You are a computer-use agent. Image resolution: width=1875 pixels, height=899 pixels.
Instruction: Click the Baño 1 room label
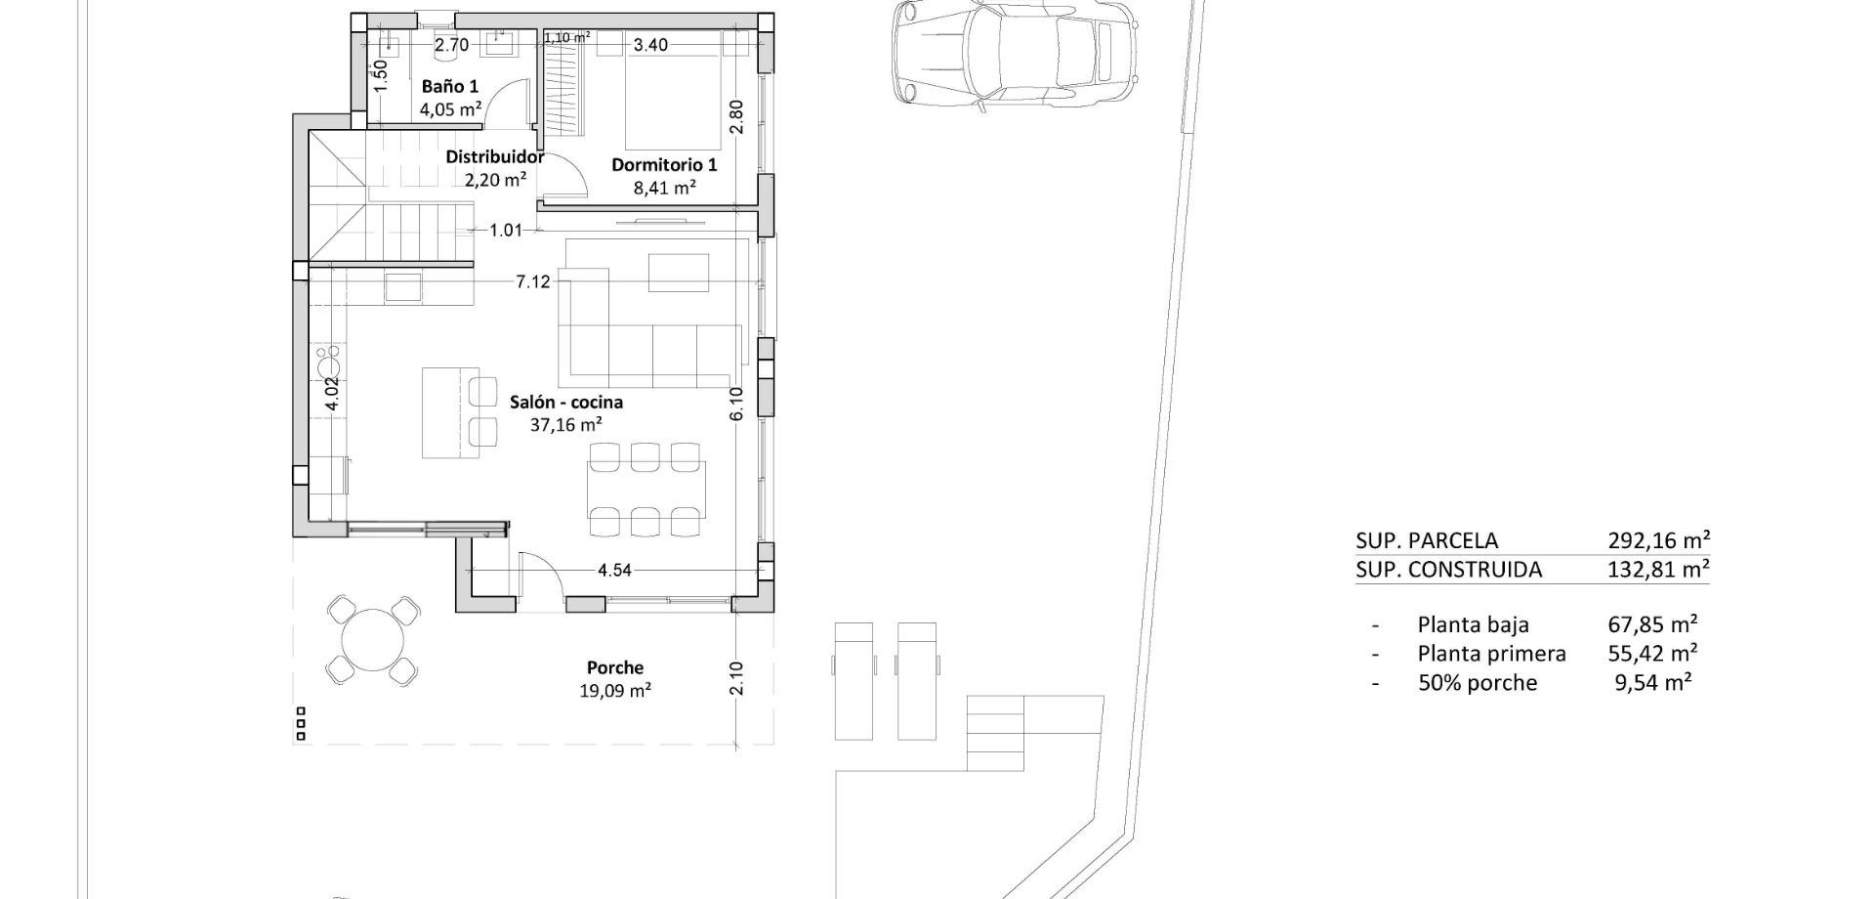[450, 86]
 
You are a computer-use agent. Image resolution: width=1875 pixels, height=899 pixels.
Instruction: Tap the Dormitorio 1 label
[664, 164]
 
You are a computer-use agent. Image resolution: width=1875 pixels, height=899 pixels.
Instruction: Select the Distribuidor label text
[494, 156]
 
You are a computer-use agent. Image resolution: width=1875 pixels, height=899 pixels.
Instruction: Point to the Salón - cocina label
[566, 402]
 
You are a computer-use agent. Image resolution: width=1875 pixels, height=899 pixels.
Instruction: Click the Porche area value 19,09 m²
[615, 691]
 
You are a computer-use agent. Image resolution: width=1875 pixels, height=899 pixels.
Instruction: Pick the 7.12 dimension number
[533, 281]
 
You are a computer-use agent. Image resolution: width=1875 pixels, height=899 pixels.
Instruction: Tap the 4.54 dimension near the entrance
[614, 570]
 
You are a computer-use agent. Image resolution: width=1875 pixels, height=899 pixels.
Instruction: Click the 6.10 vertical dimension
[736, 404]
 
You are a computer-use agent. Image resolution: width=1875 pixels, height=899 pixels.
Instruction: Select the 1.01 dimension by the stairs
[506, 231]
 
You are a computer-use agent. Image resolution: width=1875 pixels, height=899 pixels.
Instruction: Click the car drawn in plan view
[1016, 51]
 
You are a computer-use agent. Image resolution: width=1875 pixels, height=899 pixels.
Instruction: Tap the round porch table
[372, 641]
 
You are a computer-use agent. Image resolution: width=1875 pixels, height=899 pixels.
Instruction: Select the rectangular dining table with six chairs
[646, 489]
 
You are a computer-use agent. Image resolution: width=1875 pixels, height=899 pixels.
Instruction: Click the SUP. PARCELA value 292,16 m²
[1658, 540]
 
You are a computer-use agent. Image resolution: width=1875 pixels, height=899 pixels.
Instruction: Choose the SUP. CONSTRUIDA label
[1448, 570]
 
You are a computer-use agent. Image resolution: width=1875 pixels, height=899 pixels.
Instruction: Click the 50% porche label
[1477, 683]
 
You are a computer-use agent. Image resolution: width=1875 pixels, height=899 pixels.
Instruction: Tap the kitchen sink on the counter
[403, 286]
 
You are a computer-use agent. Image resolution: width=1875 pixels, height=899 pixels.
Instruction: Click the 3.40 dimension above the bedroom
[650, 44]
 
